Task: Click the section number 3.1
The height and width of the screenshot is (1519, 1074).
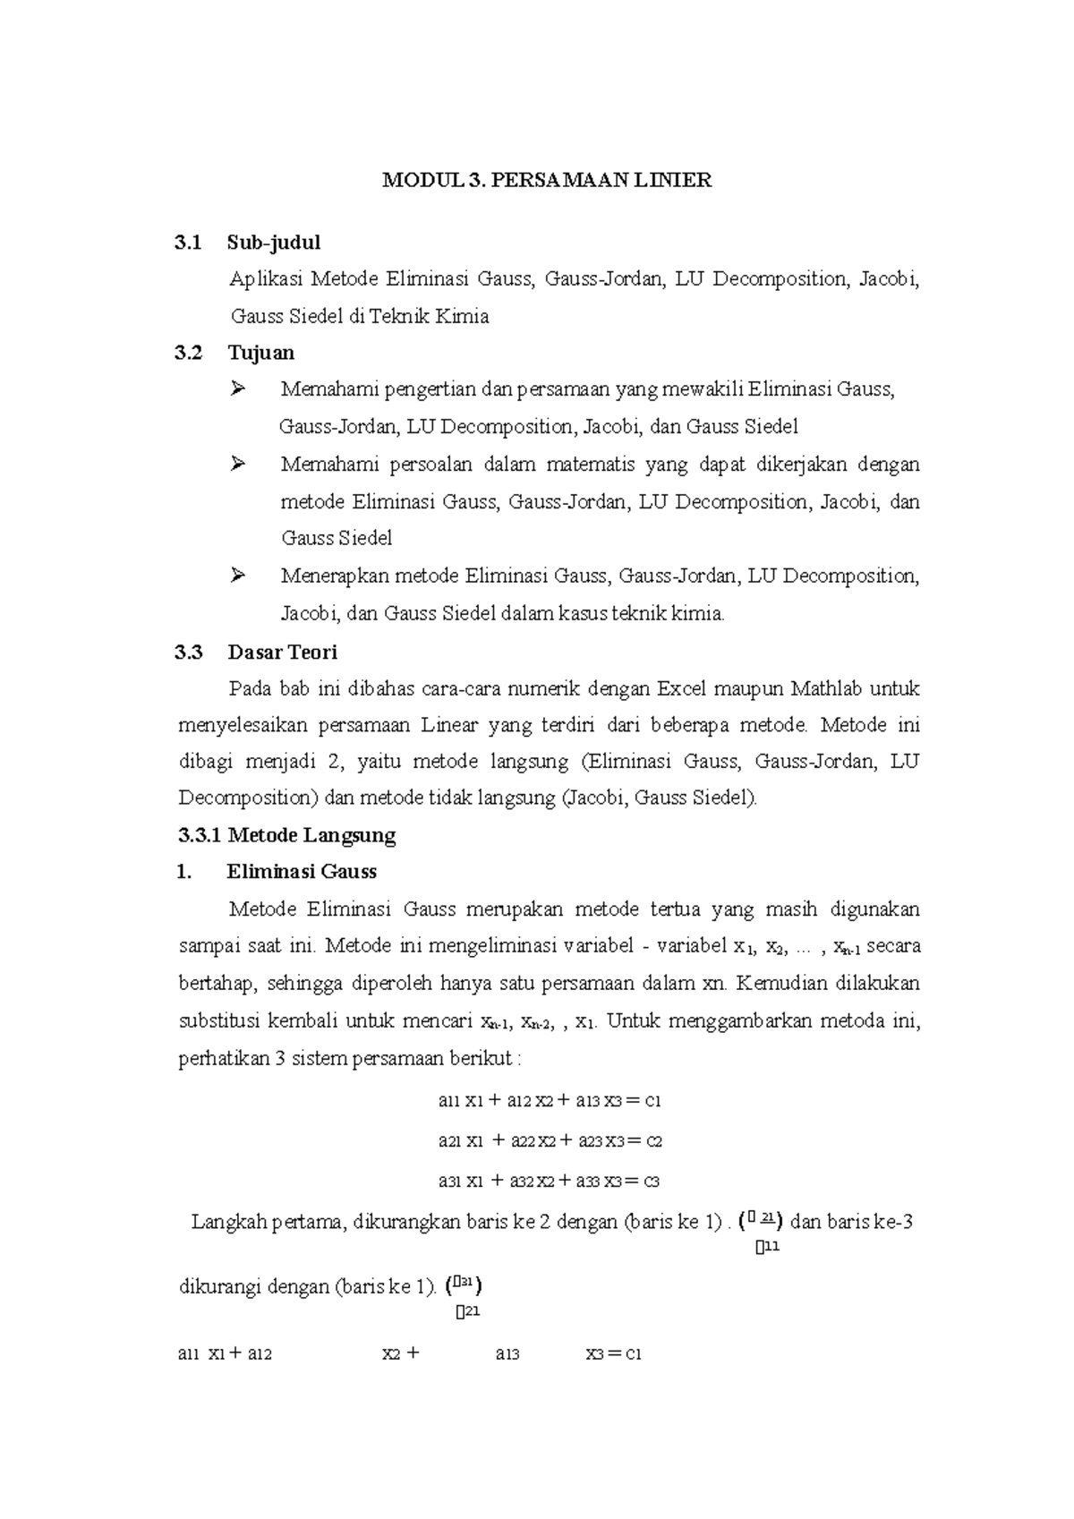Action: tap(189, 243)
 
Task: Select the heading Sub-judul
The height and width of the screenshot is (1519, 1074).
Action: tap(274, 243)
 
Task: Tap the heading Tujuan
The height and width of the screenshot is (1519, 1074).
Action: tap(260, 353)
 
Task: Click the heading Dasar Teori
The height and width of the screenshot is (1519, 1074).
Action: tap(282, 652)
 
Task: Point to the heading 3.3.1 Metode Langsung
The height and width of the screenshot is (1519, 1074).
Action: tap(286, 835)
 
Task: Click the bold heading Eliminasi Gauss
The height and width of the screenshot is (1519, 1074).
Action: tap(302, 872)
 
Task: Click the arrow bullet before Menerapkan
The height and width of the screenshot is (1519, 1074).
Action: tap(237, 576)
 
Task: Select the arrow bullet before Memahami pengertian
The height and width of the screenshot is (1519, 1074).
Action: tap(237, 388)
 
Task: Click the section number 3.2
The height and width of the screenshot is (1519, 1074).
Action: tap(189, 353)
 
